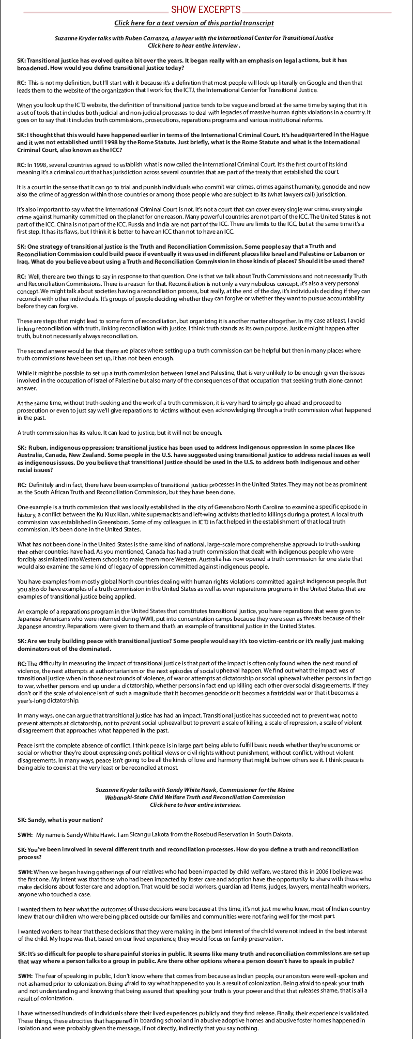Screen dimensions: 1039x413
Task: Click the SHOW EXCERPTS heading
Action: [206, 9]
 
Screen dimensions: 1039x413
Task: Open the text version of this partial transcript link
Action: [194, 23]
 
